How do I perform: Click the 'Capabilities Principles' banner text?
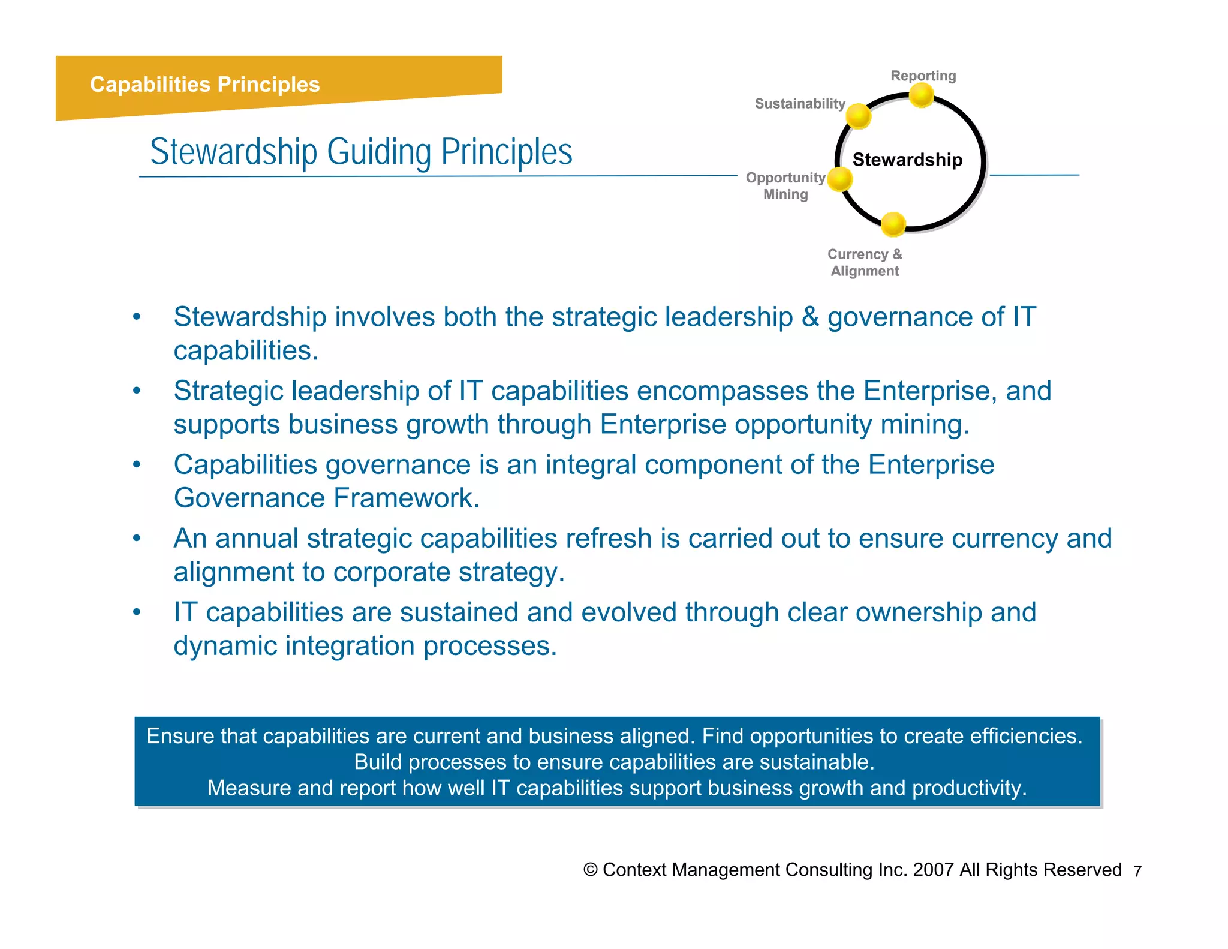204,85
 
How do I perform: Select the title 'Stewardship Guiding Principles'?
361,152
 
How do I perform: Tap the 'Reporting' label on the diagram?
923,76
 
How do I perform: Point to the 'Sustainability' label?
799,104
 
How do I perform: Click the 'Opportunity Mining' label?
785,186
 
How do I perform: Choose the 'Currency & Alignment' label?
865,263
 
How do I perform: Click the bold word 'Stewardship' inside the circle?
907,160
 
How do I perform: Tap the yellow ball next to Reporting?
922,95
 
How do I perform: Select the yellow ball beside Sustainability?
859,116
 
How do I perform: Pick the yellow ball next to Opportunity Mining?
840,179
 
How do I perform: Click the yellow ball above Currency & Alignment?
893,224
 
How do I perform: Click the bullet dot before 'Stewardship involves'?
137,317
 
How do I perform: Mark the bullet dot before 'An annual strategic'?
137,538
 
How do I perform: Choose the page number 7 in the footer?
1137,871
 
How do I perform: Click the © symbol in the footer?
591,870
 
